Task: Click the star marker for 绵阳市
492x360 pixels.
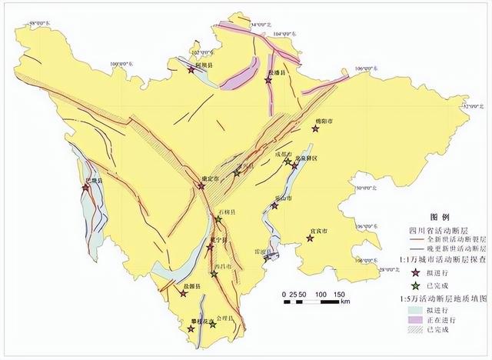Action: point(314,129)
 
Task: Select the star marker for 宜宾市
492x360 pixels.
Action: point(309,238)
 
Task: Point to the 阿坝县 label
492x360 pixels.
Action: point(204,67)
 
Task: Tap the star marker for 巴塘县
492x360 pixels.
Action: point(85,187)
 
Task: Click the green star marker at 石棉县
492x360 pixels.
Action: point(218,219)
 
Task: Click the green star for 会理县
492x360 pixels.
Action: point(213,326)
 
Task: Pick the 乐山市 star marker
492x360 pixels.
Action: point(274,205)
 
